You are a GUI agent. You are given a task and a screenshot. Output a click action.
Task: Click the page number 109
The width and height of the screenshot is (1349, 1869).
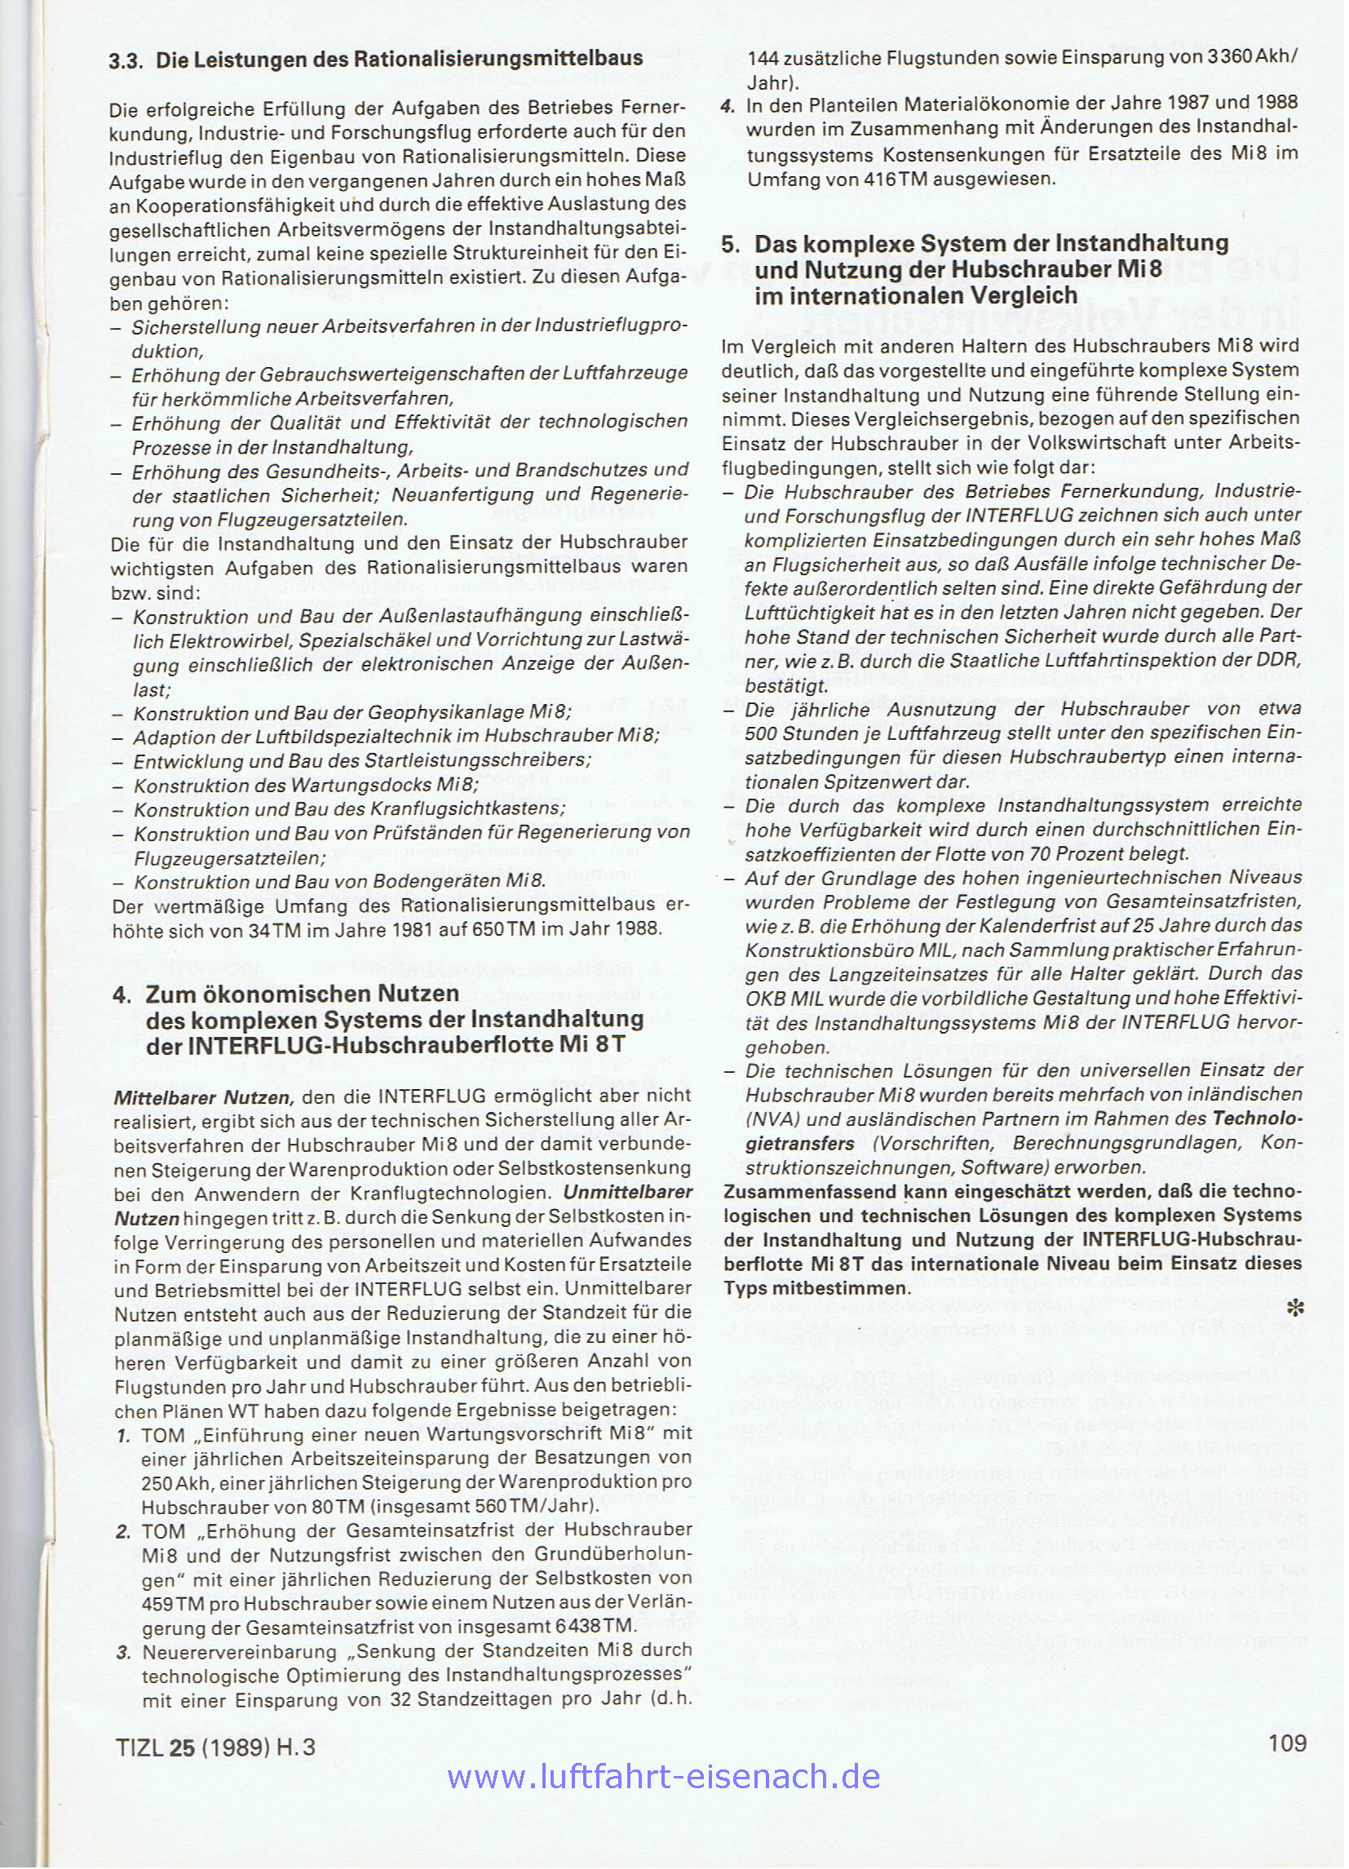pyautogui.click(x=1288, y=1740)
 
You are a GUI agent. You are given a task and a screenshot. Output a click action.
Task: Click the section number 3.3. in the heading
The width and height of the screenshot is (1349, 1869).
pyautogui.click(x=127, y=60)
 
